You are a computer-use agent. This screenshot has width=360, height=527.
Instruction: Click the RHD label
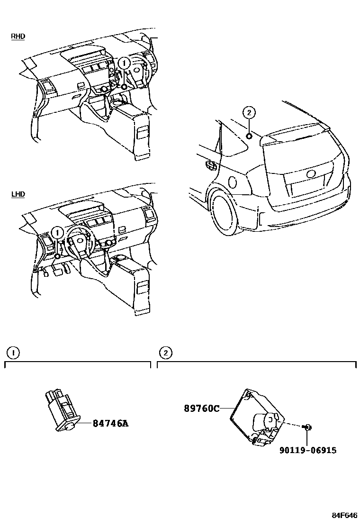click(18, 36)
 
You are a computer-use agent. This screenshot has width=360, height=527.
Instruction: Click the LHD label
click(18, 194)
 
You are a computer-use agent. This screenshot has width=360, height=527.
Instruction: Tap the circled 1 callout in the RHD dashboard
click(124, 63)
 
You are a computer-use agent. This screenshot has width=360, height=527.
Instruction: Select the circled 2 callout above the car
click(249, 112)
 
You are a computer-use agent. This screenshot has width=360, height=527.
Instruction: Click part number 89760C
click(201, 408)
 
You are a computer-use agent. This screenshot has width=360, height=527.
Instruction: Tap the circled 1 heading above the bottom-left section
click(13, 353)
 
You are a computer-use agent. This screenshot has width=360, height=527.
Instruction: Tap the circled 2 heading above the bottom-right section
click(165, 353)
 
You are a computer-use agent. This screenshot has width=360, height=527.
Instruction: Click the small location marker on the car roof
click(248, 136)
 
